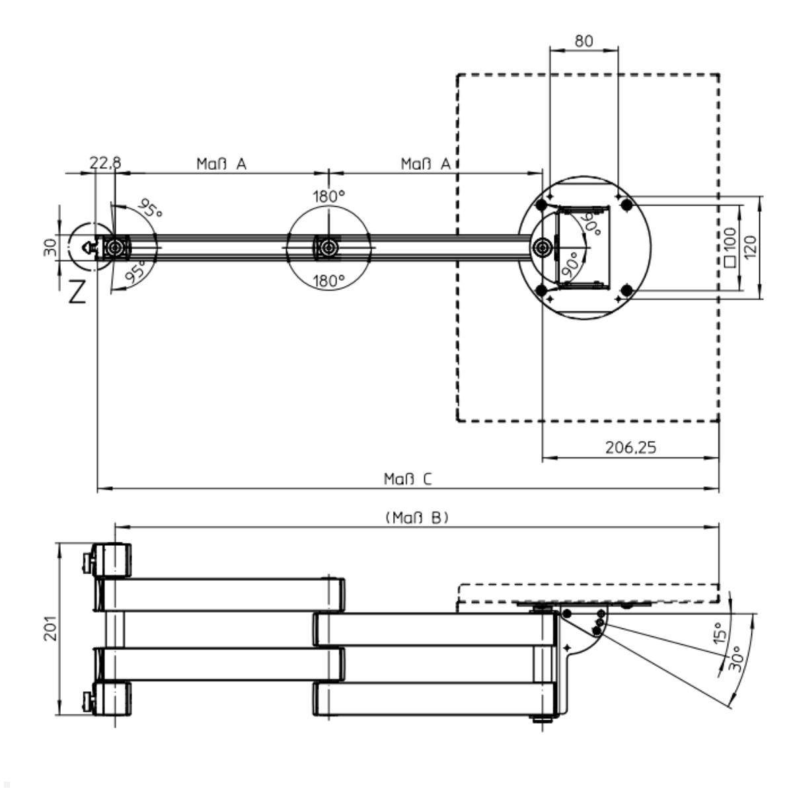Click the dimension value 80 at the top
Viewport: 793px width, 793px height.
coord(584,41)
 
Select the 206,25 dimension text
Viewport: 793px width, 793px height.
coord(630,448)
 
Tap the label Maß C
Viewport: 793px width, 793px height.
coord(408,479)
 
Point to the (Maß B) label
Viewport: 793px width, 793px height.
coord(417,517)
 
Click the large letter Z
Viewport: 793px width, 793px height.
coord(77,291)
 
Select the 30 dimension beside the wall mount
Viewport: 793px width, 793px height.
coord(50,247)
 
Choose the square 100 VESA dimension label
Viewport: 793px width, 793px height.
coord(730,247)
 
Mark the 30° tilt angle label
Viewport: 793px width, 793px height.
coord(736,658)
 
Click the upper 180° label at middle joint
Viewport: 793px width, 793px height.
coord(328,196)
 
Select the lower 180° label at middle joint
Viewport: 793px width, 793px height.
coord(328,281)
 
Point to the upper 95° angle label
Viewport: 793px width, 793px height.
coord(150,210)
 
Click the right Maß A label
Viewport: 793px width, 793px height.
coord(426,163)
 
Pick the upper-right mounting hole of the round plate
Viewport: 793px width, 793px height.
coord(626,206)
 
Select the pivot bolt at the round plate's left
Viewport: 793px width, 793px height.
coord(543,247)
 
